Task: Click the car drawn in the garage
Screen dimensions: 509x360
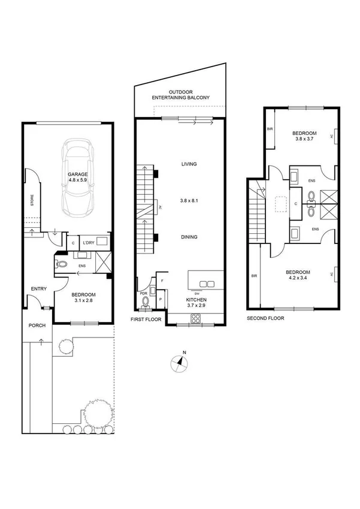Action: point(79,178)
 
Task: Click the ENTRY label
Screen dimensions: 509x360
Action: point(39,290)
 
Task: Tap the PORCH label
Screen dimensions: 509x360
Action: point(37,326)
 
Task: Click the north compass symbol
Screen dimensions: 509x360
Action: point(180,362)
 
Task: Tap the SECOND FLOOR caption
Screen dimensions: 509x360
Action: point(265,318)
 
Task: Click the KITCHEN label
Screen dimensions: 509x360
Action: point(195,299)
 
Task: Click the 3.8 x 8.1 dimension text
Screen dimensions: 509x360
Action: point(189,201)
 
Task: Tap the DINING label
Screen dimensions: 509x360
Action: point(189,237)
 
